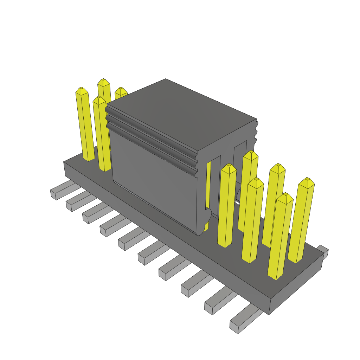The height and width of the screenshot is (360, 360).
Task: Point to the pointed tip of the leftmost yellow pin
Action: click(x=81, y=91)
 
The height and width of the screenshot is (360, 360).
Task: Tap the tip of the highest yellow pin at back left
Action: click(x=103, y=82)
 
